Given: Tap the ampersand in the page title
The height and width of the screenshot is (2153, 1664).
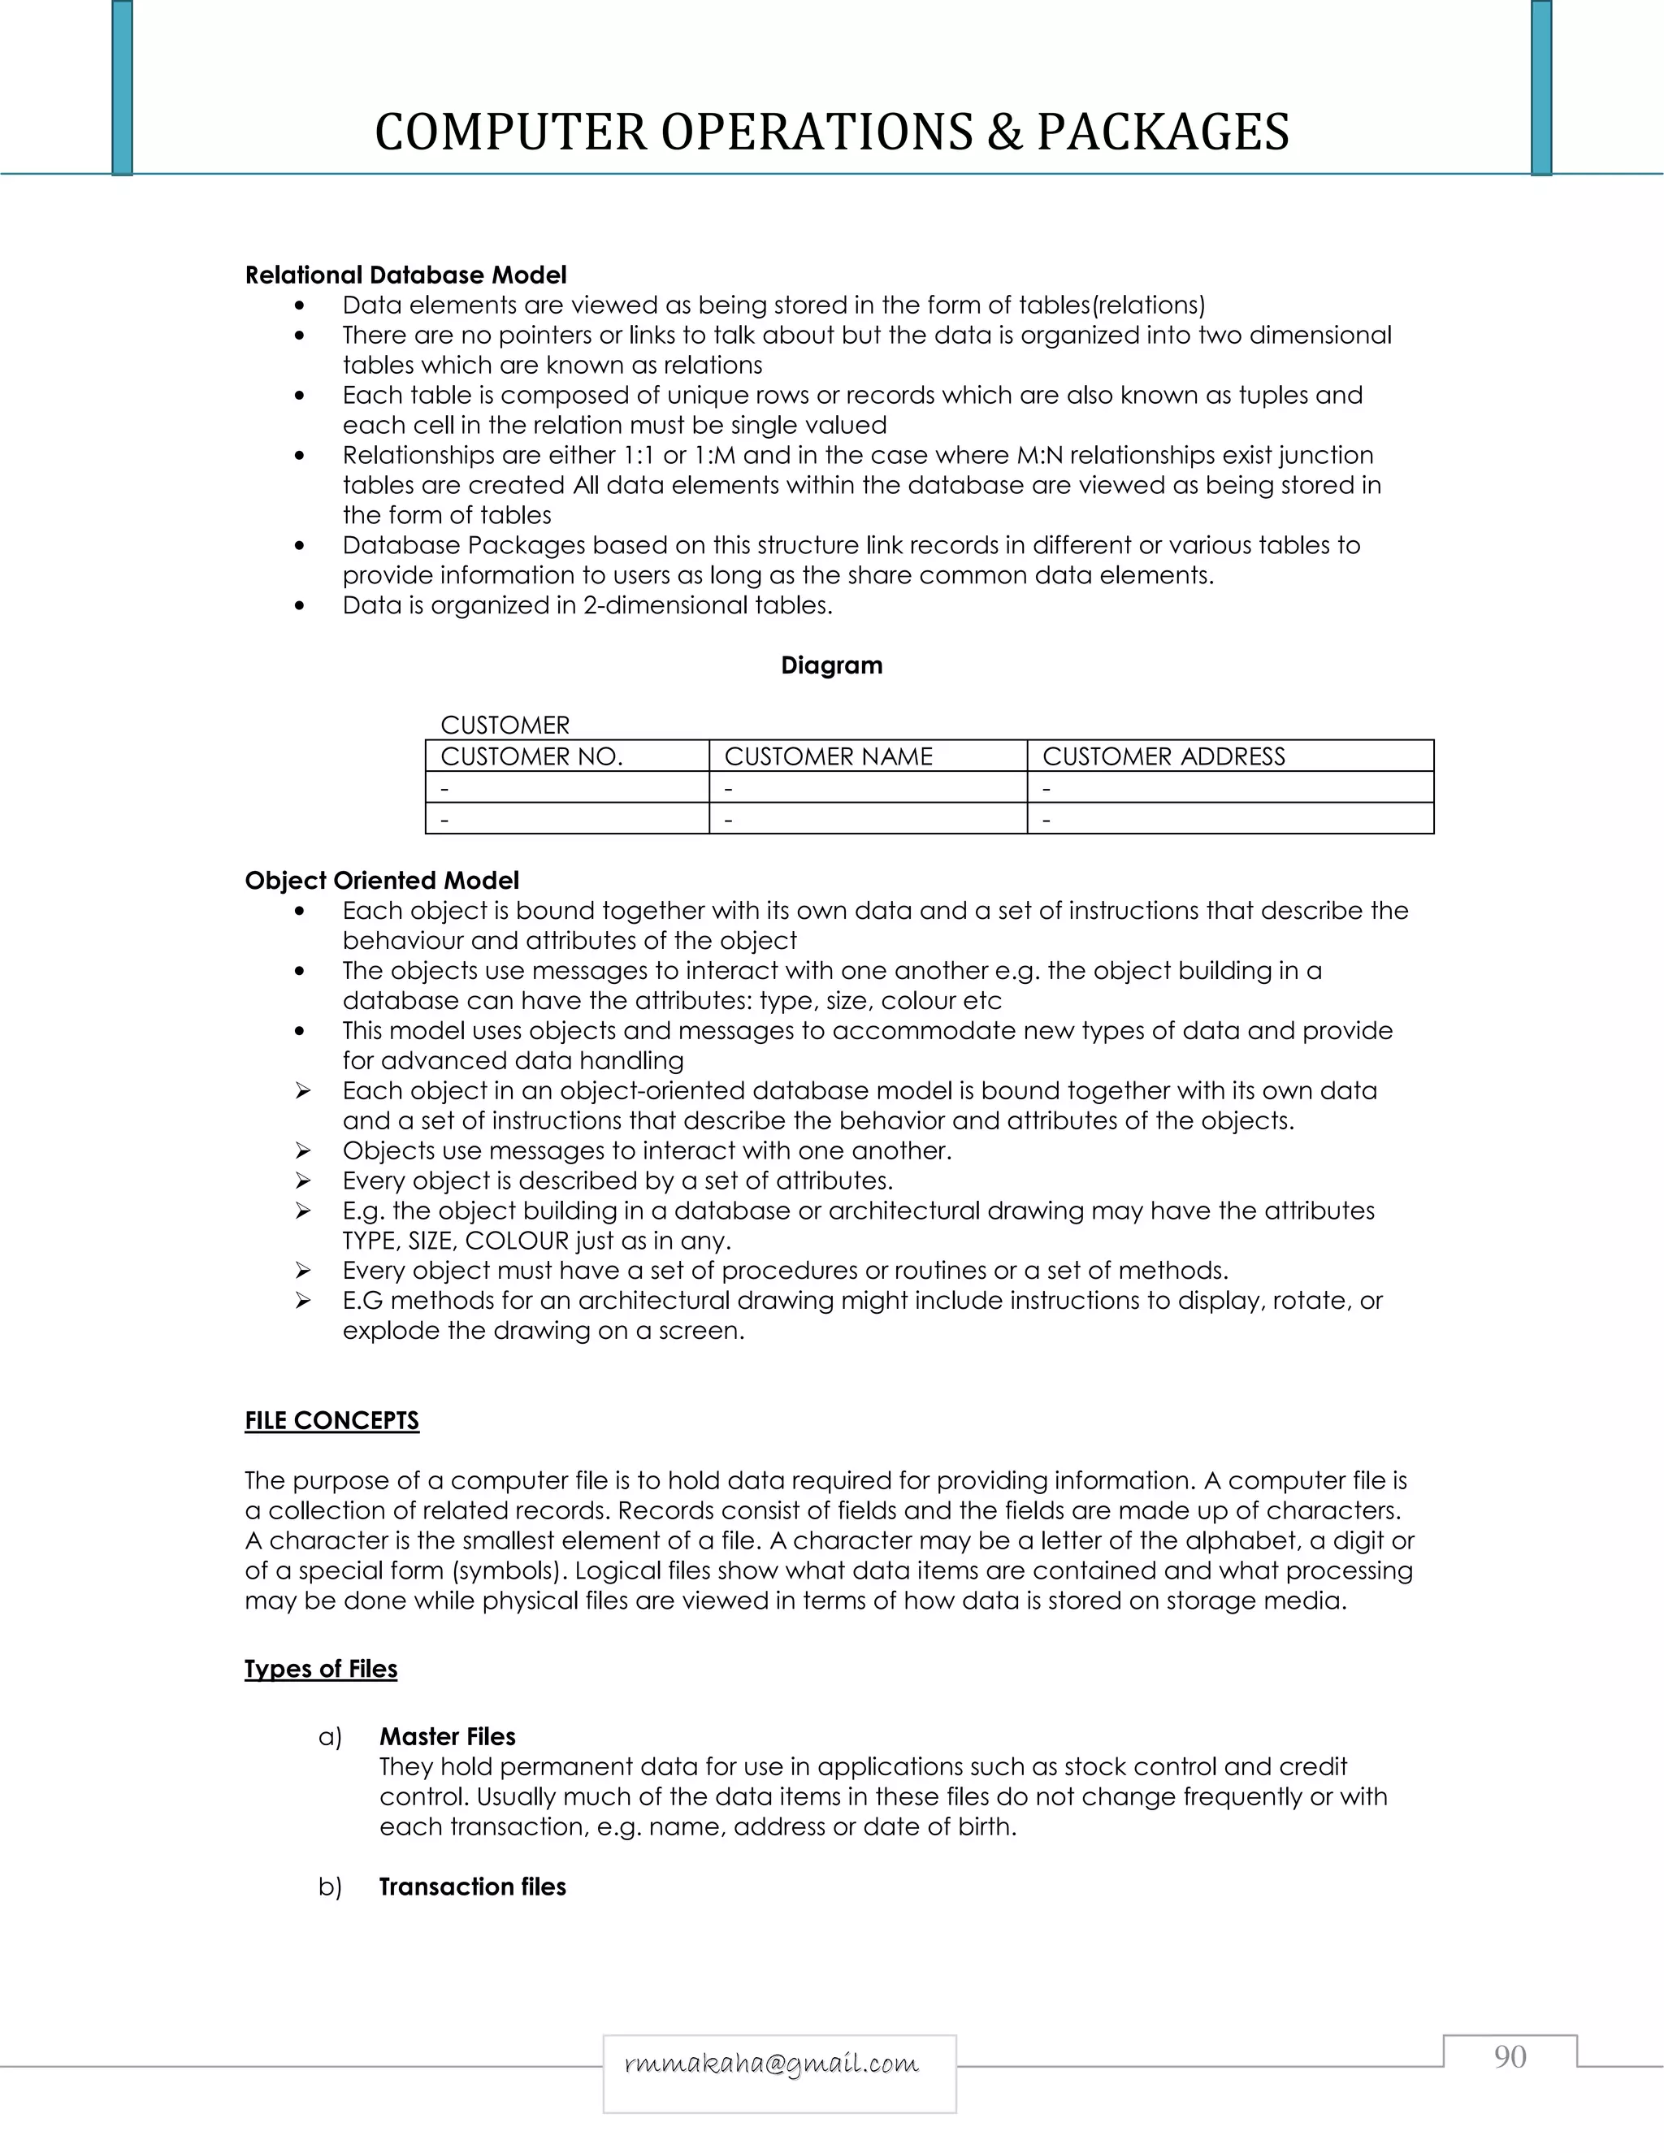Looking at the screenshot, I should [x=1003, y=132].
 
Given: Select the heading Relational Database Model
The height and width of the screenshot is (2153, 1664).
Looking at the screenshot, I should [x=405, y=275].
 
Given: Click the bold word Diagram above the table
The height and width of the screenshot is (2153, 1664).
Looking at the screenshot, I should [x=831, y=665].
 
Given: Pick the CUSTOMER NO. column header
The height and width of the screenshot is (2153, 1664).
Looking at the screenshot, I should [x=531, y=756].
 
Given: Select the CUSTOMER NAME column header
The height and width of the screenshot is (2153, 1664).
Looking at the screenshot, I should [x=828, y=756].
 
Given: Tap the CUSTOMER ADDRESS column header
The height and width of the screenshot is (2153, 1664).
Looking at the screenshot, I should [x=1163, y=756].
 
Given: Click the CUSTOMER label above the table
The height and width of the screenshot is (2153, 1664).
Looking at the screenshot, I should [x=505, y=726].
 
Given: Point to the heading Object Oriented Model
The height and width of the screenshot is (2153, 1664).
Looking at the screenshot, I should [x=382, y=881].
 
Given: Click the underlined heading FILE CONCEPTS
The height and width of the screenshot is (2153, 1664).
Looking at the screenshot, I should [x=331, y=1420].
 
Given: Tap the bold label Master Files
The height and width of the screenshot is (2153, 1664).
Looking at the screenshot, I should [x=448, y=1737].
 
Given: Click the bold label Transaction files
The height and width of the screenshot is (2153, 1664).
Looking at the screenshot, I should [x=472, y=1887].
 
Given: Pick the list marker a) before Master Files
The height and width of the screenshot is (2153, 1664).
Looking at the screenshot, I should [x=329, y=1737].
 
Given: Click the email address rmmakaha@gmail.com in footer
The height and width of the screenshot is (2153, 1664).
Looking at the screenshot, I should [x=772, y=2064].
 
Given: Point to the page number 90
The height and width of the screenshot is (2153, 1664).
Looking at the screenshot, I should [x=1510, y=2056].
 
